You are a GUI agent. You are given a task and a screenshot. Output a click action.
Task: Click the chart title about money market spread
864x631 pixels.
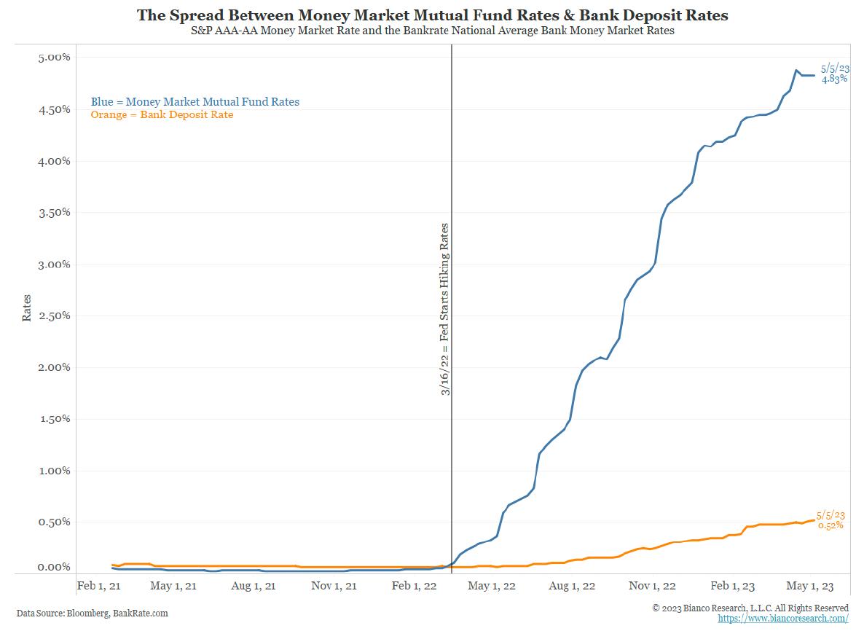pos(432,15)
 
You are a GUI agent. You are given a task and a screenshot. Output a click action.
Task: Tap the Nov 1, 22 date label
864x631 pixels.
pos(652,586)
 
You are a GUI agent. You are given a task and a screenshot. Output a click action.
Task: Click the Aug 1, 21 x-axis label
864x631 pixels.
pos(254,586)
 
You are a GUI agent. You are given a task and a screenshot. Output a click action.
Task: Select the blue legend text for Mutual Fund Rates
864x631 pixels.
pos(195,102)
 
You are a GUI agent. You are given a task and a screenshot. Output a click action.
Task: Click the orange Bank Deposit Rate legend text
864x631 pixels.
pos(162,114)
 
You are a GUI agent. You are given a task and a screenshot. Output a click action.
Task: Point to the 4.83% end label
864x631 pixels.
pos(834,79)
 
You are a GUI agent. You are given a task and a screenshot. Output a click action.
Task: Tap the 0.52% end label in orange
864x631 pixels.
pos(830,525)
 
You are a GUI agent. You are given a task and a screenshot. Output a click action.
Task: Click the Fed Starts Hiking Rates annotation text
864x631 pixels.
pos(444,310)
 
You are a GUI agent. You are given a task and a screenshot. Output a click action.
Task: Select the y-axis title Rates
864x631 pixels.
pos(27,308)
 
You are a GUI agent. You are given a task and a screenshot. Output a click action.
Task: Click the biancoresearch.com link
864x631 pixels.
pos(782,619)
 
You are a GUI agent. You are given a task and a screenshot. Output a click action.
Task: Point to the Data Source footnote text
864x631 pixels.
pos(92,614)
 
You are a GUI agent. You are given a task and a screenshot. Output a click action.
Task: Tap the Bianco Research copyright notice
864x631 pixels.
pos(750,608)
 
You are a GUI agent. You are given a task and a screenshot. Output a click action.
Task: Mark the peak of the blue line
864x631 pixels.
pos(796,71)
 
